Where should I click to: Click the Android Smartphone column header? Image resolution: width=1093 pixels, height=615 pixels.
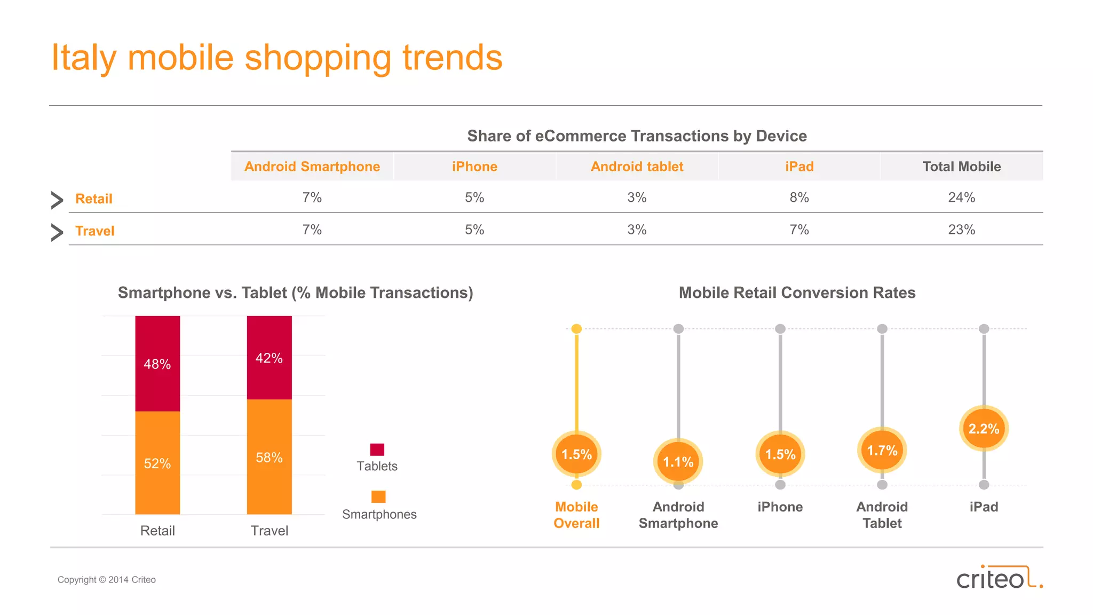[x=312, y=167]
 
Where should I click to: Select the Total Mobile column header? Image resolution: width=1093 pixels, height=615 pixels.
[x=962, y=167]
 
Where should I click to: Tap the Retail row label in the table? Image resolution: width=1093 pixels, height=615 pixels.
[x=94, y=199]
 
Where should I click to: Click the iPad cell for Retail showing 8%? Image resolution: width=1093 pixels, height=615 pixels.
[x=799, y=198]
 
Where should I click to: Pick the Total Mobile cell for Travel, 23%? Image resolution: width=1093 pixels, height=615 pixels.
[x=962, y=230]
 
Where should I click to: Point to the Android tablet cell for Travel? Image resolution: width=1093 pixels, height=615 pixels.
[x=637, y=230]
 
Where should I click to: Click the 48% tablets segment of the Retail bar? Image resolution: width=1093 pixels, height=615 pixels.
[x=157, y=364]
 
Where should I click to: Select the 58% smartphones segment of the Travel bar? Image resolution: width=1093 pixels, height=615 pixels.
[x=269, y=457]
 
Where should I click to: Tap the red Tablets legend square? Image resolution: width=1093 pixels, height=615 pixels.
[x=377, y=450]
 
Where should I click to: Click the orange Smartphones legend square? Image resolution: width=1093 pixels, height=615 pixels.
[x=378, y=496]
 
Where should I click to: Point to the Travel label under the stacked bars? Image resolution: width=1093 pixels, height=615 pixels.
[x=269, y=531]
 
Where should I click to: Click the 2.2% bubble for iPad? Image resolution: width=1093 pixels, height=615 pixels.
[x=984, y=428]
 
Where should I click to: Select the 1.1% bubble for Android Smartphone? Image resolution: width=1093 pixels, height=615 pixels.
[x=678, y=461]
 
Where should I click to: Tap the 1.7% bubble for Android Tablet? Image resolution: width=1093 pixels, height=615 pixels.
[x=882, y=451]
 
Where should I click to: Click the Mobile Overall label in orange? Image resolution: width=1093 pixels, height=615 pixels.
[x=576, y=515]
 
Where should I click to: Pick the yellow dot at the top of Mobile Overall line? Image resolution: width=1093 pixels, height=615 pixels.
[x=576, y=329]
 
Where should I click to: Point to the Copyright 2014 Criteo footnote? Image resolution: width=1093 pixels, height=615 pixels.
[x=107, y=580]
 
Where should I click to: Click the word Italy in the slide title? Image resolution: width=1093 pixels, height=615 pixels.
[x=83, y=58]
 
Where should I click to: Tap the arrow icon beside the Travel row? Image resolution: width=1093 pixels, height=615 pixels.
[x=57, y=232]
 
